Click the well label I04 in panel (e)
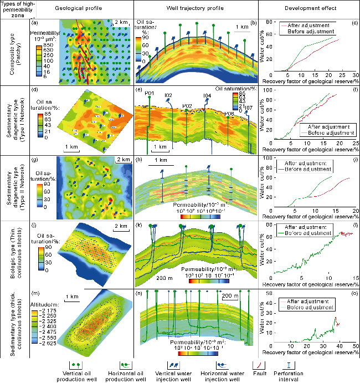coord(207,96)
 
